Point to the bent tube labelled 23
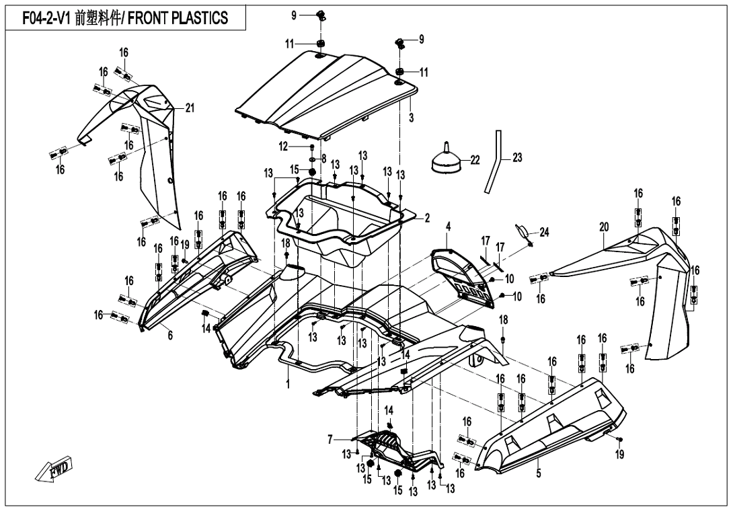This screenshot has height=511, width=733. pos(496,160)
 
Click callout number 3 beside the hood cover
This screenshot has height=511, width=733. pos(411,116)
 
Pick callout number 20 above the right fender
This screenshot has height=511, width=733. pos(604,227)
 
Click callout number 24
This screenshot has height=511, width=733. pos(544,233)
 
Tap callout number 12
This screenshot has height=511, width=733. pos(284,146)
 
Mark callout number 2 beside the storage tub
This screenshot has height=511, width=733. pos(426,218)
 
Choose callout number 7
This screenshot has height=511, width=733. pos(330,440)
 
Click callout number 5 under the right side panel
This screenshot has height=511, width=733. pos(539,472)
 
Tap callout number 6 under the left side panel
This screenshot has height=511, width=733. pos(170,335)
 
